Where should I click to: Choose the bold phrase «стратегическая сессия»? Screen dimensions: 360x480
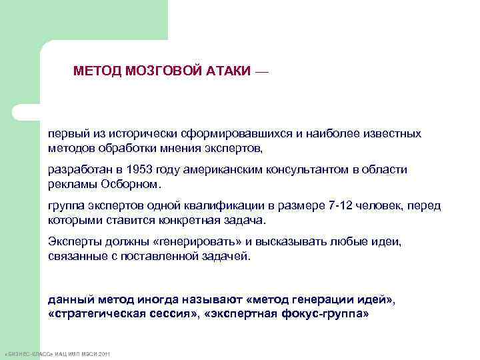click(x=123, y=313)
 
